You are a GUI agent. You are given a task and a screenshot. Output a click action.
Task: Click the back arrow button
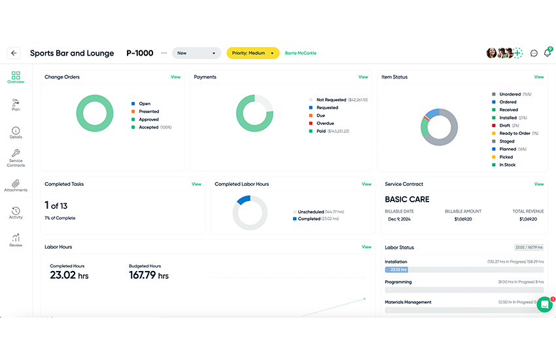(14, 53)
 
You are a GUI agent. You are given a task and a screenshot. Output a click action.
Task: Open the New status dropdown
(196, 53)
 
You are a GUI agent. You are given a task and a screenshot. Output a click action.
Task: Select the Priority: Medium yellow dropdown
(252, 53)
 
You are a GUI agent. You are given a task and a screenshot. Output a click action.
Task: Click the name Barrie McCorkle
(300, 53)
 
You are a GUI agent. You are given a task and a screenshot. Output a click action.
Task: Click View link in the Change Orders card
(175, 77)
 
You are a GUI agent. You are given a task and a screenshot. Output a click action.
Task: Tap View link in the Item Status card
(538, 77)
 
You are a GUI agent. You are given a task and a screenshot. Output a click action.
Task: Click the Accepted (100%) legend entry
(152, 128)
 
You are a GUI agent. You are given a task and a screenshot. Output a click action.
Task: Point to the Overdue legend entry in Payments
(325, 123)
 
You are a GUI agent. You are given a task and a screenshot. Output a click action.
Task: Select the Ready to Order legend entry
(517, 134)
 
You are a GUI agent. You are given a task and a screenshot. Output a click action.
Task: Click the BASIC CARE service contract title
(407, 199)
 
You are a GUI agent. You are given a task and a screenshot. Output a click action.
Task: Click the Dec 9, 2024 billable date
(398, 219)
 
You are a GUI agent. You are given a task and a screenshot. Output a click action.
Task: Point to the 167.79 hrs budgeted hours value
(148, 276)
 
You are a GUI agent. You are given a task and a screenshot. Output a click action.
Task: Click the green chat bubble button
(544, 304)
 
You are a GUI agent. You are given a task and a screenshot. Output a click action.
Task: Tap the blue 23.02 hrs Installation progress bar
(396, 270)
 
